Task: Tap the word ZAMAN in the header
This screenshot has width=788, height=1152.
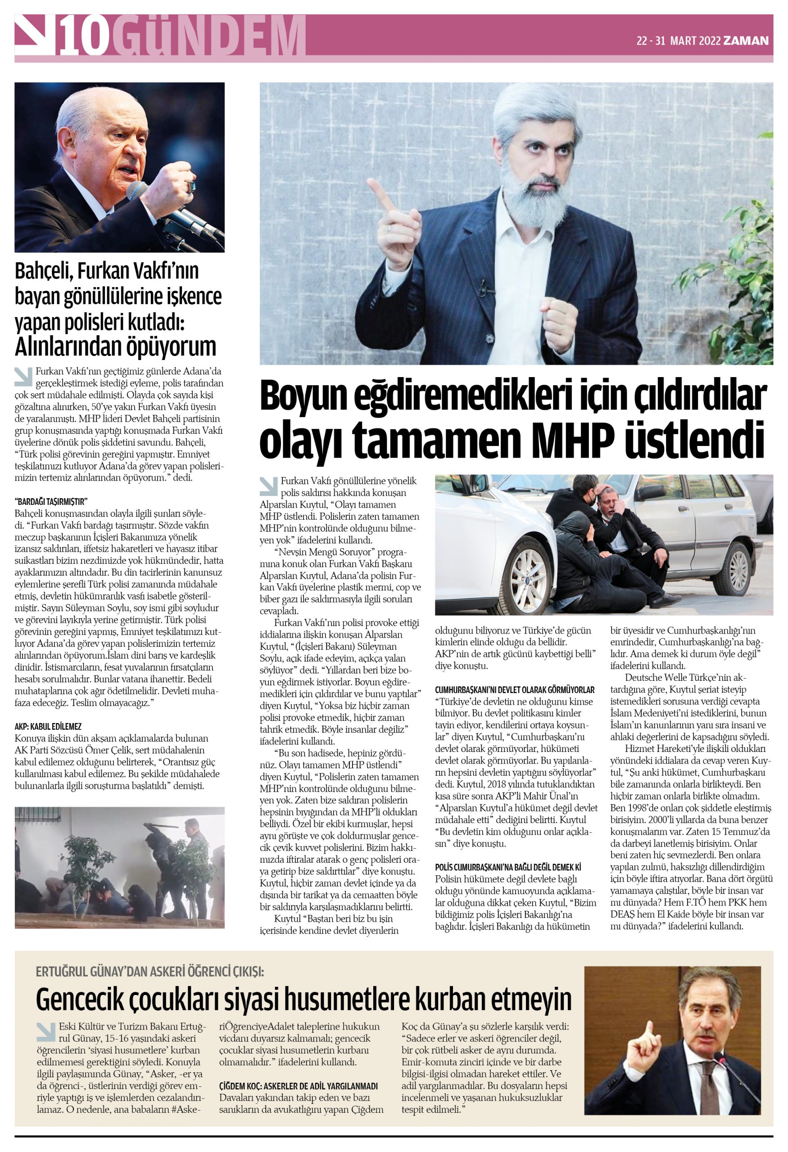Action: (x=746, y=40)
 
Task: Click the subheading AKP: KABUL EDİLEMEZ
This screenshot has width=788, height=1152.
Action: (x=48, y=726)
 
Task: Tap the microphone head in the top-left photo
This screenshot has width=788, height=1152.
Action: (x=137, y=190)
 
